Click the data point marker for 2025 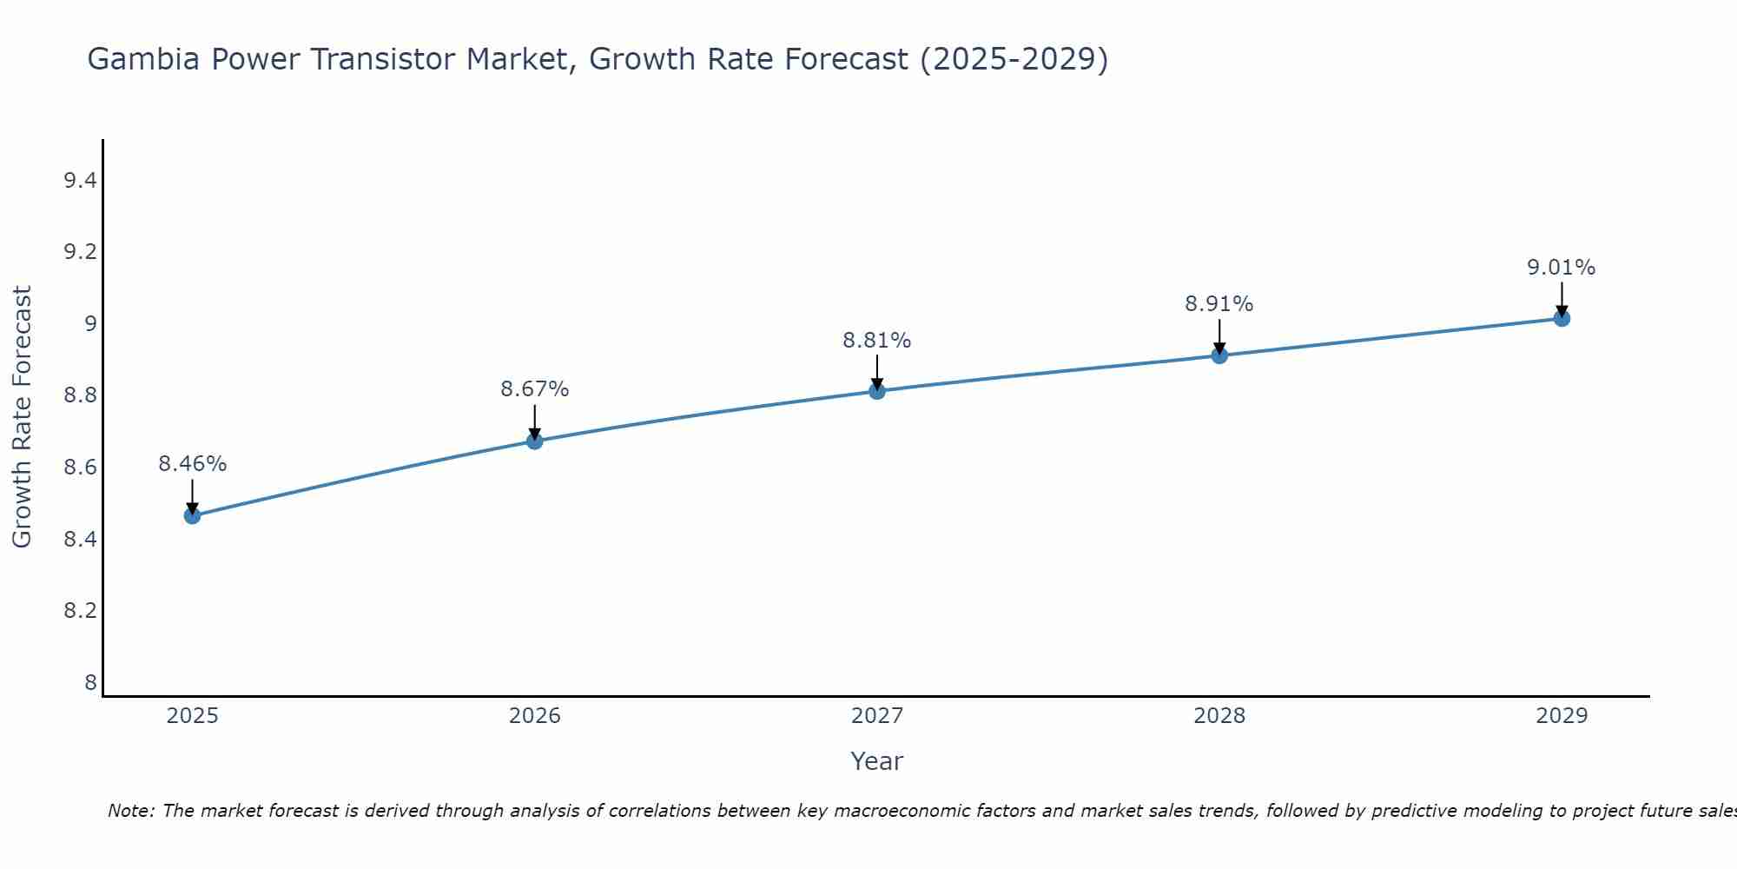pos(192,515)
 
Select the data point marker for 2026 pos(534,441)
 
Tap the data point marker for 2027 pos(876,391)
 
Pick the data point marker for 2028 pos(1219,355)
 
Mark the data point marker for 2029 pos(1561,318)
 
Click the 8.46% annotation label pos(192,464)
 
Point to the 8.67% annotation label pos(534,389)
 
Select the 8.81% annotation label pos(876,341)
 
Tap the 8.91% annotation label pos(1219,304)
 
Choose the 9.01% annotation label pos(1561,268)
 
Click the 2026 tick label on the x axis pos(534,716)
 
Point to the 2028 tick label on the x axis pos(1219,716)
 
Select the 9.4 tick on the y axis pos(80,181)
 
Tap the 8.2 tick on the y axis pos(80,611)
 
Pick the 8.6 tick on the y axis pos(80,468)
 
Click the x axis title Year pos(876,761)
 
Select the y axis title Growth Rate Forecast pos(22,417)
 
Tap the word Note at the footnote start pos(129,811)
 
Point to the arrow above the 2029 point pos(1561,298)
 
